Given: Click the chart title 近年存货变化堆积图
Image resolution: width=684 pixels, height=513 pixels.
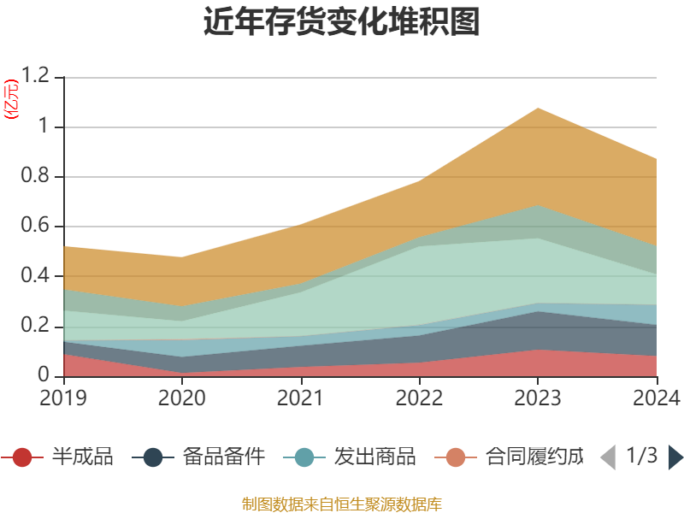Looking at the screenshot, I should coord(342,22).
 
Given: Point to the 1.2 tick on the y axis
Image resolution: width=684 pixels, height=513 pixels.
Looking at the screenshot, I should coord(38,77).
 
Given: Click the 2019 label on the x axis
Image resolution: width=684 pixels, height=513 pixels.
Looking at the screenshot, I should coord(64,398).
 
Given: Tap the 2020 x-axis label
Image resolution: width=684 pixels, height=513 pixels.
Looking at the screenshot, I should coord(182,398).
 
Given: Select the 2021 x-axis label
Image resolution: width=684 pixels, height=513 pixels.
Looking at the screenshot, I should coord(300,398).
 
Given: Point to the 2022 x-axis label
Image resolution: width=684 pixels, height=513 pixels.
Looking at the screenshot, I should coord(418,398).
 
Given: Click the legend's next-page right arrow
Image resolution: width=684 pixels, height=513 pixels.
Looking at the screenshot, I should coord(675,457).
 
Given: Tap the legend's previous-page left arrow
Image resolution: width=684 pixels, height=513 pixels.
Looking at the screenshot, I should coord(608,457).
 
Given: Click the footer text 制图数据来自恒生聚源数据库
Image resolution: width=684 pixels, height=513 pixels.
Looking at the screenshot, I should coord(342,503).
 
